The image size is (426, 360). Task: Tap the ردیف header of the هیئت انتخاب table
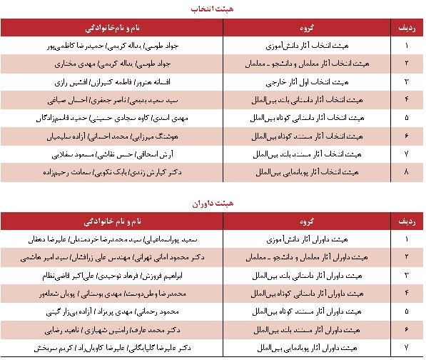pos(407,27)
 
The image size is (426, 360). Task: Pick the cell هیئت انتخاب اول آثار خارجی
pos(308,81)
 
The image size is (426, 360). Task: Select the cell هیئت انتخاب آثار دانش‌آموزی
pos(308,45)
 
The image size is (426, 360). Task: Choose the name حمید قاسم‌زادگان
pos(75,118)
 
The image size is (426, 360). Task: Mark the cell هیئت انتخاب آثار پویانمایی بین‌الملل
pos(308,172)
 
